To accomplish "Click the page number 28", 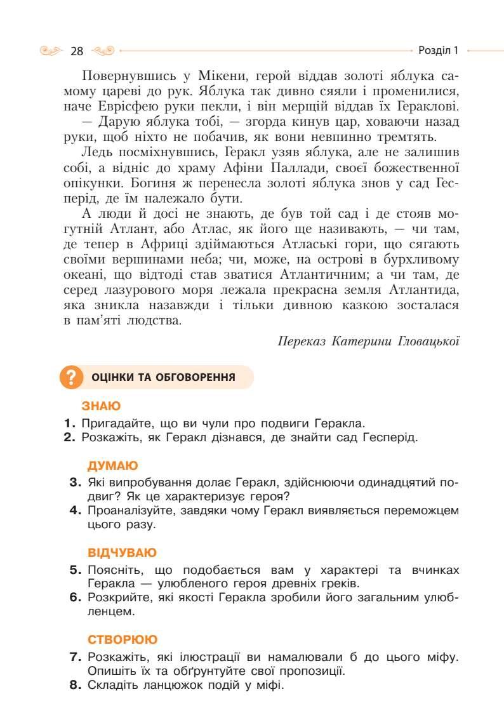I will [77, 51].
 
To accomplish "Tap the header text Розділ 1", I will [439, 50].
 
